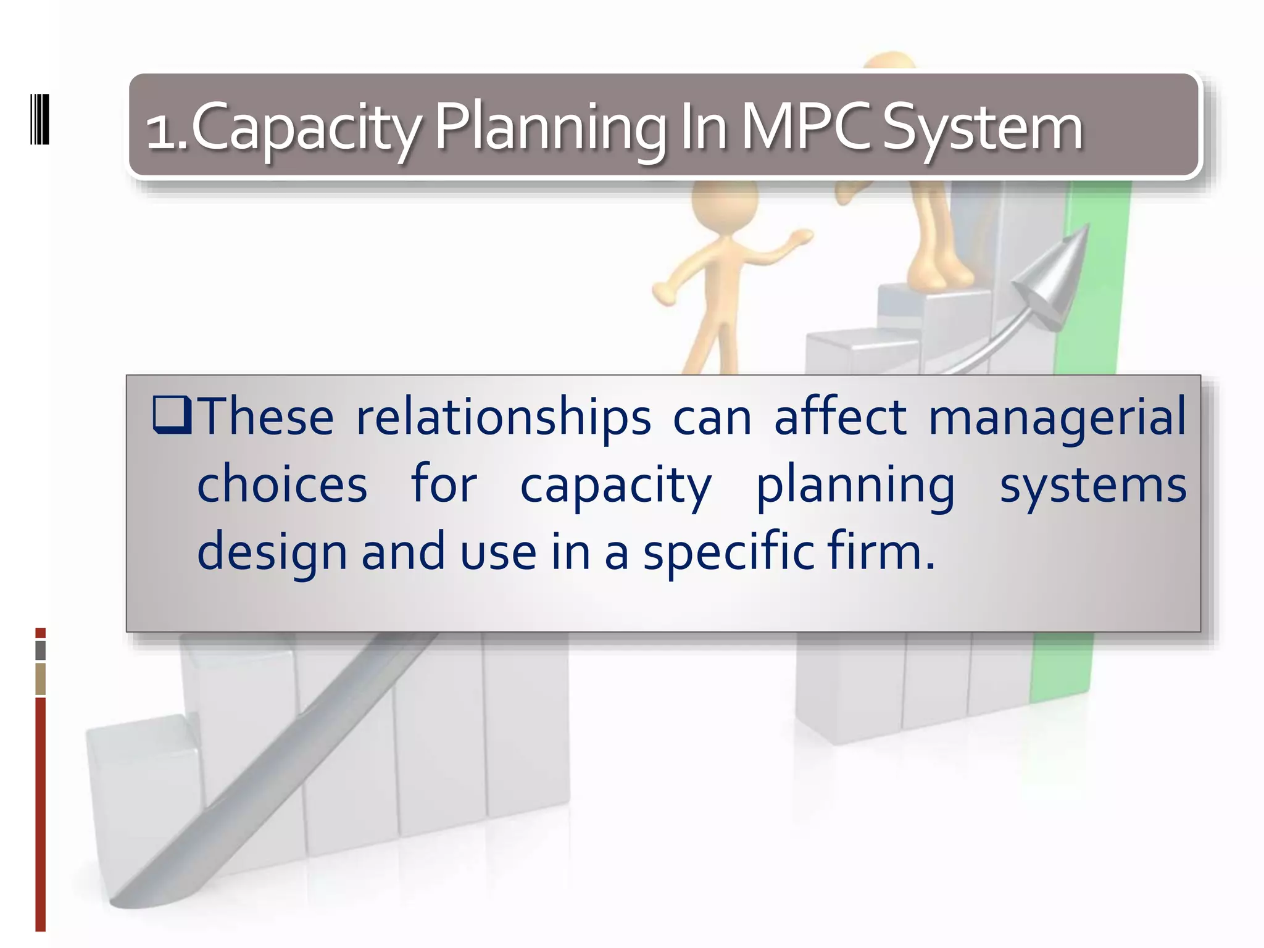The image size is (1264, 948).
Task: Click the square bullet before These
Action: click(172, 415)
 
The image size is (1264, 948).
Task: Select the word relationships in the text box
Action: click(503, 417)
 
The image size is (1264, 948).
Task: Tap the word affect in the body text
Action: click(840, 417)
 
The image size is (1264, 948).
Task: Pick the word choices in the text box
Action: click(282, 484)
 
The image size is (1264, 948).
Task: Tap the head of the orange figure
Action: click(723, 201)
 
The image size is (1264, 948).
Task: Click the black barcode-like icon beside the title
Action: click(39, 119)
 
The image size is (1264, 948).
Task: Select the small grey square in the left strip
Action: click(41, 651)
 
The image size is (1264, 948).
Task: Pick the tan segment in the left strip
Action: click(41, 679)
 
